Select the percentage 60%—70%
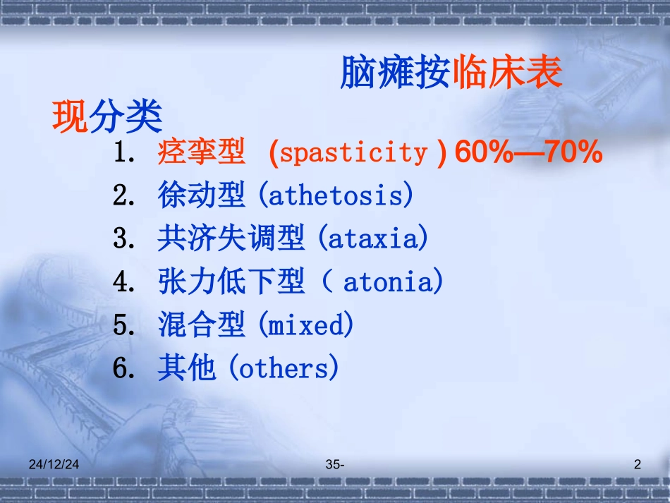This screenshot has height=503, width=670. click(528, 152)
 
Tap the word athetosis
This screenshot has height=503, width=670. click(335, 195)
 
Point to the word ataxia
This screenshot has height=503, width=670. click(372, 238)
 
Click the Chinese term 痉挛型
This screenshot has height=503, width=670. click(201, 152)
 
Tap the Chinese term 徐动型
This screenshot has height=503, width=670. click(201, 195)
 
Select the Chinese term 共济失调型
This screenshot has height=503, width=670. click(231, 238)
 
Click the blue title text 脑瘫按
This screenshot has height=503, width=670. click(395, 73)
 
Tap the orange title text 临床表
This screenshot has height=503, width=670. click(507, 73)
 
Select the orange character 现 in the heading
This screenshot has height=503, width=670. click(70, 116)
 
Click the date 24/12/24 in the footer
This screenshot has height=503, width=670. click(56, 464)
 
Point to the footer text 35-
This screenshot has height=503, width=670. click(335, 464)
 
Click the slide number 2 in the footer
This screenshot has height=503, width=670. click(638, 464)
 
